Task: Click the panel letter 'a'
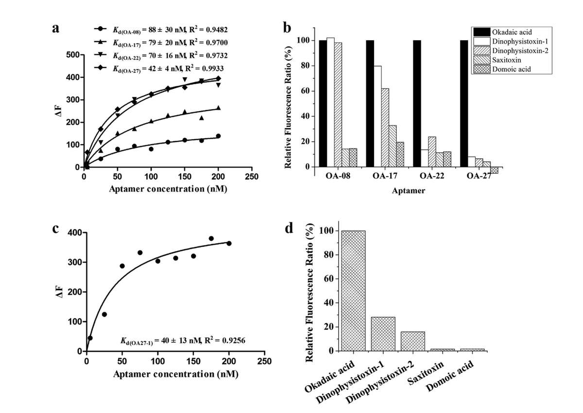(56, 28)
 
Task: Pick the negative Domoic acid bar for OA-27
(494, 170)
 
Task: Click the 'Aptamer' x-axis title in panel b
(409, 191)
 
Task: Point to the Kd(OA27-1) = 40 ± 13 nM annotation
(182, 341)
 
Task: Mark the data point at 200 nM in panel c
(229, 243)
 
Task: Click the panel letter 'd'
(290, 228)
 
